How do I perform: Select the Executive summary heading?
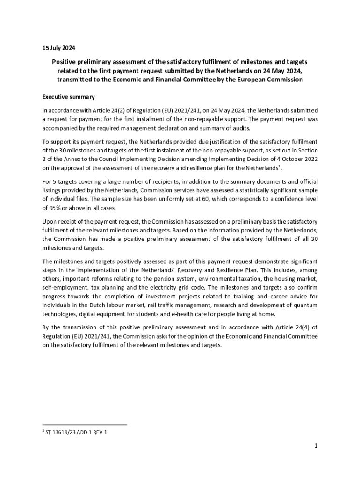(68, 97)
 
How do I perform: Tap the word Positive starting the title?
(63, 62)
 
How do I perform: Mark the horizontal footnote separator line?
(85, 425)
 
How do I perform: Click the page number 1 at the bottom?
(316, 446)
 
